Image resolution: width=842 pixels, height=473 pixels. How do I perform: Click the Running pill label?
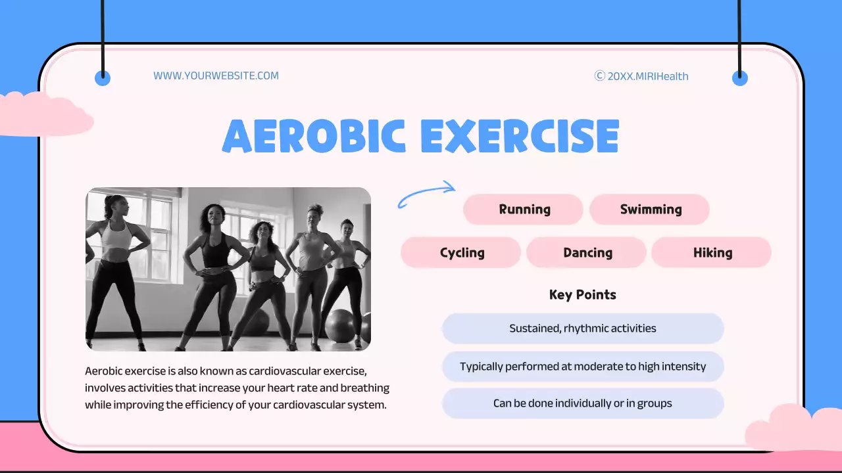click(524, 210)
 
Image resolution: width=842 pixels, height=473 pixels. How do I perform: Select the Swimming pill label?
click(650, 210)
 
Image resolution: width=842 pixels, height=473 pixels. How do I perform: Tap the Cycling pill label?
click(461, 252)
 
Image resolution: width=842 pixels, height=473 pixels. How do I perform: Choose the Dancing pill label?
click(587, 252)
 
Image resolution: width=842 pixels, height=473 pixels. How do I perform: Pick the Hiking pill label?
click(712, 252)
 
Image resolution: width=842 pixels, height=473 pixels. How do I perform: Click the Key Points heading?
click(582, 295)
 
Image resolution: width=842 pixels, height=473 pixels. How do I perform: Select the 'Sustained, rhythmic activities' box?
click(582, 328)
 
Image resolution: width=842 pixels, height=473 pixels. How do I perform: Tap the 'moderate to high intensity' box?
click(582, 367)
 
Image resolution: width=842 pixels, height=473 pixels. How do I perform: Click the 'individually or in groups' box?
click(582, 403)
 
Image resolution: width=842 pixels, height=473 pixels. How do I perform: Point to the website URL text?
click(216, 76)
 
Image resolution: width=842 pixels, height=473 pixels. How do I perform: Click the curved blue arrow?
click(426, 194)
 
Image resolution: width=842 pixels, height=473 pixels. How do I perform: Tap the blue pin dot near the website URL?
click(103, 78)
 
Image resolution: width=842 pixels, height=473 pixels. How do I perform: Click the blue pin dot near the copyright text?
click(740, 78)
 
